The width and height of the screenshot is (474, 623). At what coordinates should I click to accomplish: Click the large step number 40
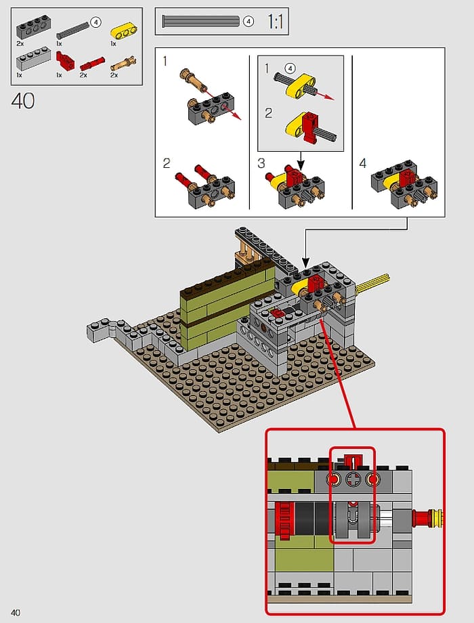point(22,101)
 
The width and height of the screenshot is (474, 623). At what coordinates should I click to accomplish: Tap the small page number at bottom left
point(14,613)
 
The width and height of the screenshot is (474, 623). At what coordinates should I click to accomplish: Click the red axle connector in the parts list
point(65,62)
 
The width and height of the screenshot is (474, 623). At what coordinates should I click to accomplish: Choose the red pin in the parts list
point(93,65)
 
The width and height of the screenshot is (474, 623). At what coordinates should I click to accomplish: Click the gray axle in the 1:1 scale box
point(200,22)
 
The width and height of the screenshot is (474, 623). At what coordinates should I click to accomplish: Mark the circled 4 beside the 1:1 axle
point(249,22)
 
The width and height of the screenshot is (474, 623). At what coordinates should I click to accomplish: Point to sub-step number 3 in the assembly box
point(261,163)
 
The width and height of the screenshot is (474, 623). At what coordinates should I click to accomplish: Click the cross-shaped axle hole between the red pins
point(352,480)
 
